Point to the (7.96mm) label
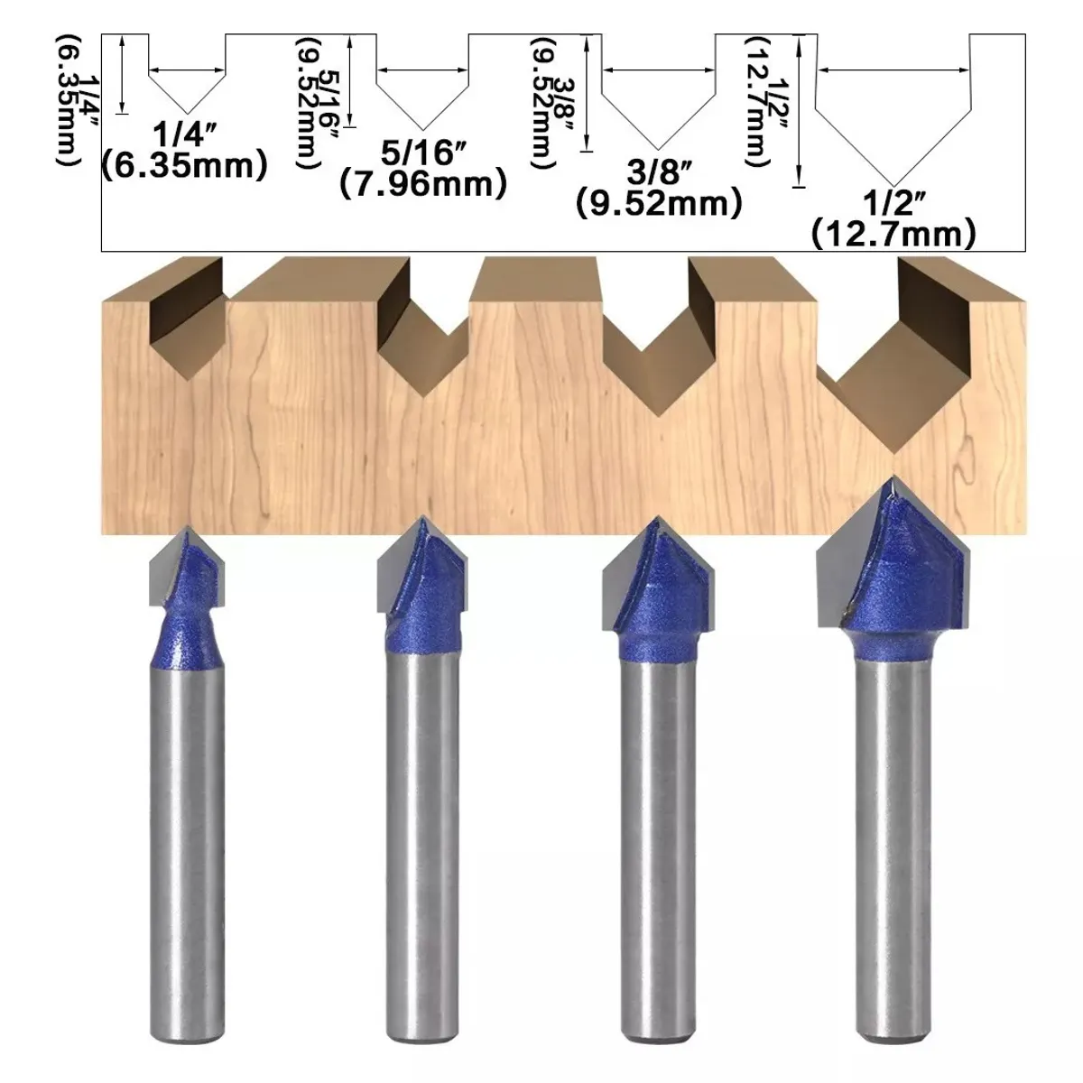[423, 184]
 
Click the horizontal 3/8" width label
[659, 172]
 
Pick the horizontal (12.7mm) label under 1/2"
[893, 234]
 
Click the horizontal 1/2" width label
[893, 202]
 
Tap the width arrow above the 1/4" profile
[187, 70]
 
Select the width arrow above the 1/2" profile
[893, 70]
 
